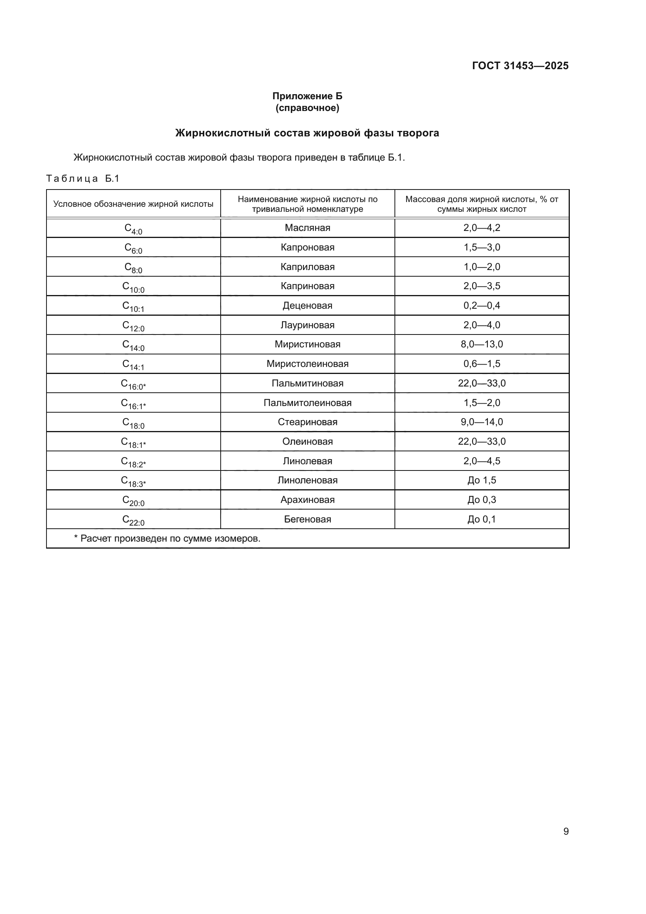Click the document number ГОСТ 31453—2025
pyautogui.click(x=520, y=66)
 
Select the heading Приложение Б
pyautogui.click(x=307, y=96)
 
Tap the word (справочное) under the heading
pyautogui.click(x=307, y=108)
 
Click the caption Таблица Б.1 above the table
pyautogui.click(x=83, y=178)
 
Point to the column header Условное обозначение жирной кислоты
pyautogui.click(x=133, y=204)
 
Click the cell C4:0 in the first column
pyautogui.click(x=133, y=229)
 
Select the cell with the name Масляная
pyautogui.click(x=307, y=228)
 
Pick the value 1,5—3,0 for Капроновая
pyautogui.click(x=482, y=247)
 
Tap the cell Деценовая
pyautogui.click(x=307, y=305)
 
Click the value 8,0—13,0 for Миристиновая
pyautogui.click(x=482, y=344)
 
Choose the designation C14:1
pyautogui.click(x=133, y=365)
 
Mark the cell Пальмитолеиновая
pyautogui.click(x=307, y=402)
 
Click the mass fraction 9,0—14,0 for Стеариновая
pyautogui.click(x=482, y=422)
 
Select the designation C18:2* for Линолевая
pyautogui.click(x=133, y=462)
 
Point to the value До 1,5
pyautogui.click(x=482, y=480)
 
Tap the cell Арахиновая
pyautogui.click(x=307, y=500)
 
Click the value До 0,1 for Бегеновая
pyautogui.click(x=482, y=519)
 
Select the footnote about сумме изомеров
pyautogui.click(x=167, y=538)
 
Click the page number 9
pyautogui.click(x=566, y=831)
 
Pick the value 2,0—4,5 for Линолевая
pyautogui.click(x=482, y=461)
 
